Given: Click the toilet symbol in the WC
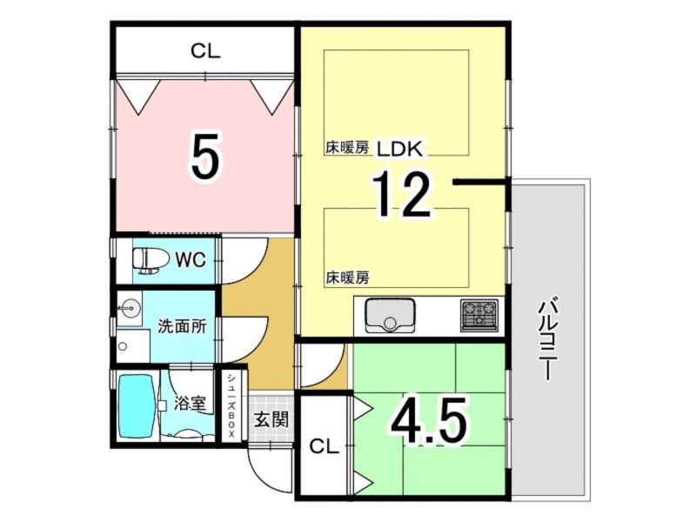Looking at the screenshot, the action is coord(151,260).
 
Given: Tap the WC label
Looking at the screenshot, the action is coord(191,260).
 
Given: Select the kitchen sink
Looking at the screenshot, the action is coord(390,316).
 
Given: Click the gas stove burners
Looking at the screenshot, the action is coord(479,315).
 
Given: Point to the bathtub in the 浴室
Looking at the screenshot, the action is coord(137,404).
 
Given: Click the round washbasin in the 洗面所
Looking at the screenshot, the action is coord(130,307).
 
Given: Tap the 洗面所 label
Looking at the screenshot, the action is coord(183,327).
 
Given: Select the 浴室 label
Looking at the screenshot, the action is coord(190,404).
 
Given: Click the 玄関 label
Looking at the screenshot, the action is coord(271,419).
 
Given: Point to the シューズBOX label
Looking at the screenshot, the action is coord(231,405).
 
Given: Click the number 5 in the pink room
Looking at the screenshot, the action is coord(205,156).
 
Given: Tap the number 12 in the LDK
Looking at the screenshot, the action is coord(402,194).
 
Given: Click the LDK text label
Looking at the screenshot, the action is coord(399,150).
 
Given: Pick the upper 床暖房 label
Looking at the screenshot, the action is coord(347,148).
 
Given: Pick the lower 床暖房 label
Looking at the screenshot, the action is coord(348,278).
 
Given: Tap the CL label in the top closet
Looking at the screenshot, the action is coord(205,51).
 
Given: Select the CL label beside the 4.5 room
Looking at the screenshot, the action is coord(324,446).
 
